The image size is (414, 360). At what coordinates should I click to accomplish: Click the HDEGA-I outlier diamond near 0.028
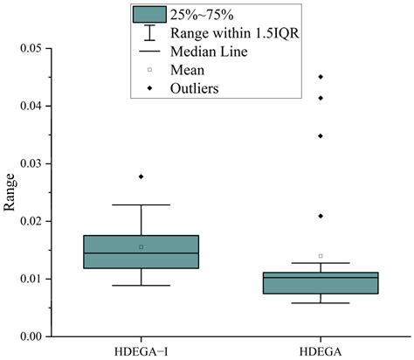point(141,177)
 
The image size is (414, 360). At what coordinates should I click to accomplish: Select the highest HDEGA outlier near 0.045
point(321,77)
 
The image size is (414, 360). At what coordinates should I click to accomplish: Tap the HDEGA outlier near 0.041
point(321,98)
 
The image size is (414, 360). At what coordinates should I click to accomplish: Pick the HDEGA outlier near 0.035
point(321,135)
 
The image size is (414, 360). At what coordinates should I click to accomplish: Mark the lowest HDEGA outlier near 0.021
point(321,216)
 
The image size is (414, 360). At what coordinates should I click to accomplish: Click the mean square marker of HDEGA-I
point(141,246)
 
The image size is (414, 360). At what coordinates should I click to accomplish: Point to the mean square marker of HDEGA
point(321,256)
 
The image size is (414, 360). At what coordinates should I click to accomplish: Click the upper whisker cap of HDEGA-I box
point(141,205)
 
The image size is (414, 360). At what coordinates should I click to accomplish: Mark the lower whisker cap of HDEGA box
point(321,303)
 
